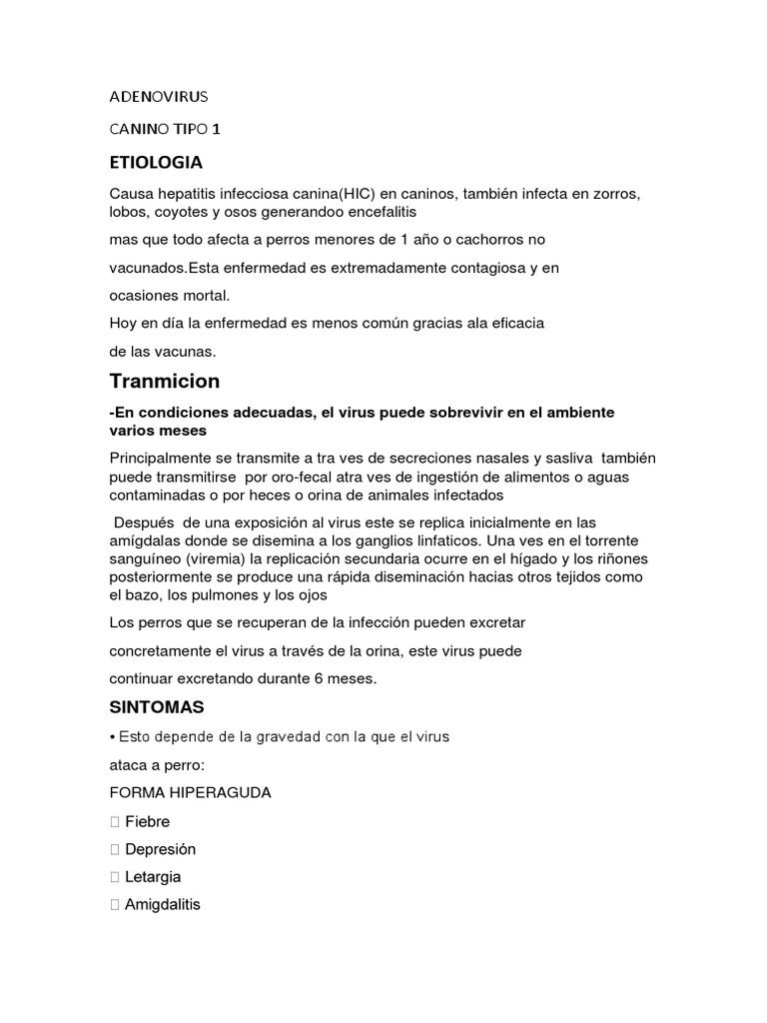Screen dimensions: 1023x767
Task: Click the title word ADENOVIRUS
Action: [158, 98]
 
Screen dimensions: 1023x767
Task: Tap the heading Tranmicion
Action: [164, 382]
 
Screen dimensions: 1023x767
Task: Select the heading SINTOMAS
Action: [156, 707]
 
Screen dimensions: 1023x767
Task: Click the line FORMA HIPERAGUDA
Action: [190, 793]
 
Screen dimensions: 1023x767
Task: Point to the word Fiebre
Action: [147, 821]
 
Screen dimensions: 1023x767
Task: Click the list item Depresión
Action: [160, 849]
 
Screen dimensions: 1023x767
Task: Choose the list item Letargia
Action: [153, 877]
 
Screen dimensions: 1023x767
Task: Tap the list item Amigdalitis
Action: [163, 905]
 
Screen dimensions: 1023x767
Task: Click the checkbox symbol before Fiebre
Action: [115, 822]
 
